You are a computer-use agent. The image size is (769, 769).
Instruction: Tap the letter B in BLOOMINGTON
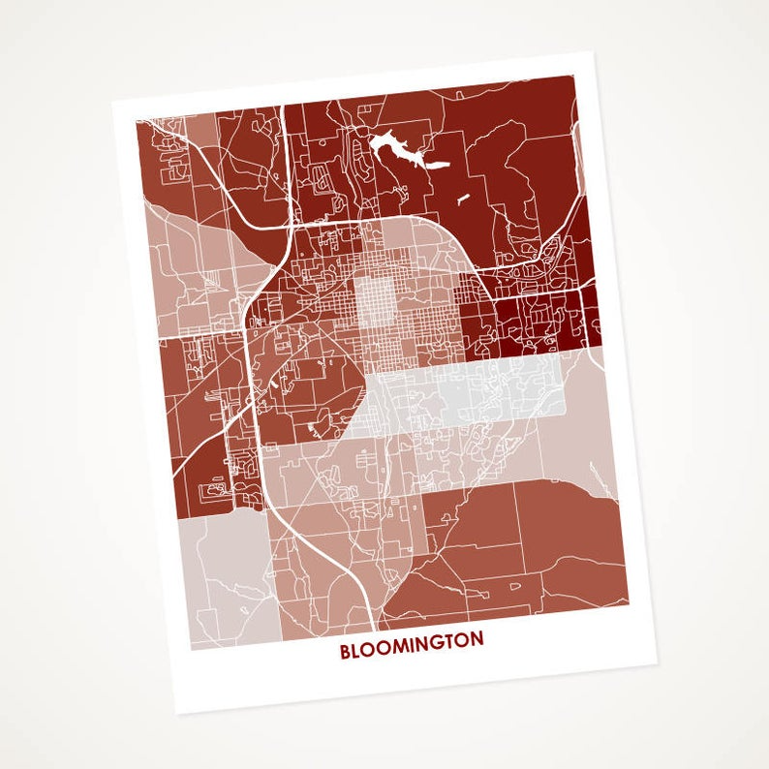pyautogui.click(x=345, y=652)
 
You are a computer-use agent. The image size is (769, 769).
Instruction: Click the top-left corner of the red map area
pyautogui.click(x=136, y=119)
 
